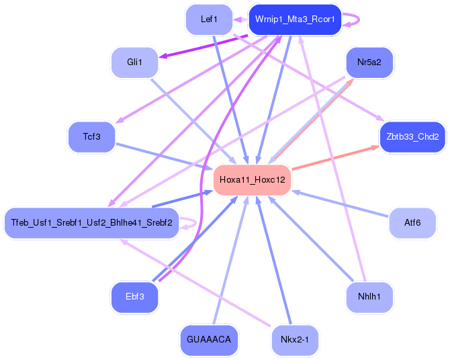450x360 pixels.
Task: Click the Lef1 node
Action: pos(209,19)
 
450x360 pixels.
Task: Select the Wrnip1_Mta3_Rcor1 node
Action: pos(295,19)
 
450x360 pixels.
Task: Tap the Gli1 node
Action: pos(134,62)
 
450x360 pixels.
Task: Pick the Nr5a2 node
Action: pos(369,62)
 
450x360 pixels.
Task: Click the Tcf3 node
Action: pos(92,136)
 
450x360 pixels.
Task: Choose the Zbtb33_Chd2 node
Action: pos(412,136)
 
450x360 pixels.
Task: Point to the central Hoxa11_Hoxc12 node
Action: pos(253,180)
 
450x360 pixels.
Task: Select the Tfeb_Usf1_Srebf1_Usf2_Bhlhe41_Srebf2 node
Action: pos(92,223)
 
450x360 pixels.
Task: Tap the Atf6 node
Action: pos(412,223)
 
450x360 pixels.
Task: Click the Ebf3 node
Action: pos(134,297)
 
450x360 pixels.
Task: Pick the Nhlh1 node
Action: pos(369,297)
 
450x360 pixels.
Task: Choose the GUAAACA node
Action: pos(209,340)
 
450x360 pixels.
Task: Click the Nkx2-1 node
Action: pos(295,340)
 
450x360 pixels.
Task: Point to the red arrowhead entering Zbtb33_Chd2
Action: pos(375,148)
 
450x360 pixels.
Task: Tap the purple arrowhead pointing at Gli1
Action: pos(163,56)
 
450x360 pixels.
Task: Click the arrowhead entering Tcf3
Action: pos(120,121)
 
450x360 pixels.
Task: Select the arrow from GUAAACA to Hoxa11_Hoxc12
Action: pos(231,260)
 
